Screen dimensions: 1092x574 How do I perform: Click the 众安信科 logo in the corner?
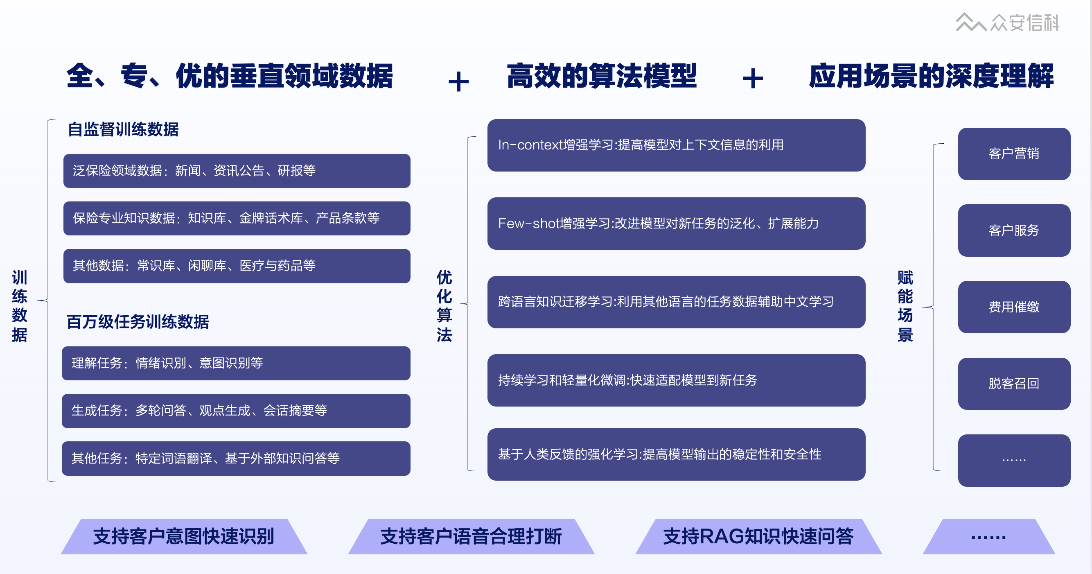(1007, 23)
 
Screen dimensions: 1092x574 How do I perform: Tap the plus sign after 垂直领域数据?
(458, 81)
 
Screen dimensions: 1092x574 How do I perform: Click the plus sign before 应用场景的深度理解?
(753, 79)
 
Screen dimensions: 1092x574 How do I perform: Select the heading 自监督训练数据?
(123, 129)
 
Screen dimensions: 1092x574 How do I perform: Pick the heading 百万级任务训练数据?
(138, 322)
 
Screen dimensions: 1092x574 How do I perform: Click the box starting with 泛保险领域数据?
(237, 171)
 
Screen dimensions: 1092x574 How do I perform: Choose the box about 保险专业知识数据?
(237, 218)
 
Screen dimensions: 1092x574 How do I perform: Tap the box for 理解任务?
(236, 363)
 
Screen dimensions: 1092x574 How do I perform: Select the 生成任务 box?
(236, 411)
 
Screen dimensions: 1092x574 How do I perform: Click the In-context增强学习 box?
(676, 145)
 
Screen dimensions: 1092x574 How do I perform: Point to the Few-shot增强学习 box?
(676, 224)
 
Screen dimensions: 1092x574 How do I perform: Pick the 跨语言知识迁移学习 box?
(676, 302)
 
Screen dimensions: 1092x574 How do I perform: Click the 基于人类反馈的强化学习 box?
(676, 454)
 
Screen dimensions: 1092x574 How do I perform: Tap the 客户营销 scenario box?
(1014, 154)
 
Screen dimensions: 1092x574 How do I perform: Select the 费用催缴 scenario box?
(1014, 307)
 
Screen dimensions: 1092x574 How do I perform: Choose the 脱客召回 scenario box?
(1014, 384)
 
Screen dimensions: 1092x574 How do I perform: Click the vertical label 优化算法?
(444, 306)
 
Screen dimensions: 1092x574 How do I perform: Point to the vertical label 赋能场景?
(905, 306)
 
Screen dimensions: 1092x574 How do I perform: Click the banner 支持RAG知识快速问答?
(758, 536)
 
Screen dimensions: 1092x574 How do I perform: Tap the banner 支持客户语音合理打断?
(471, 536)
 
